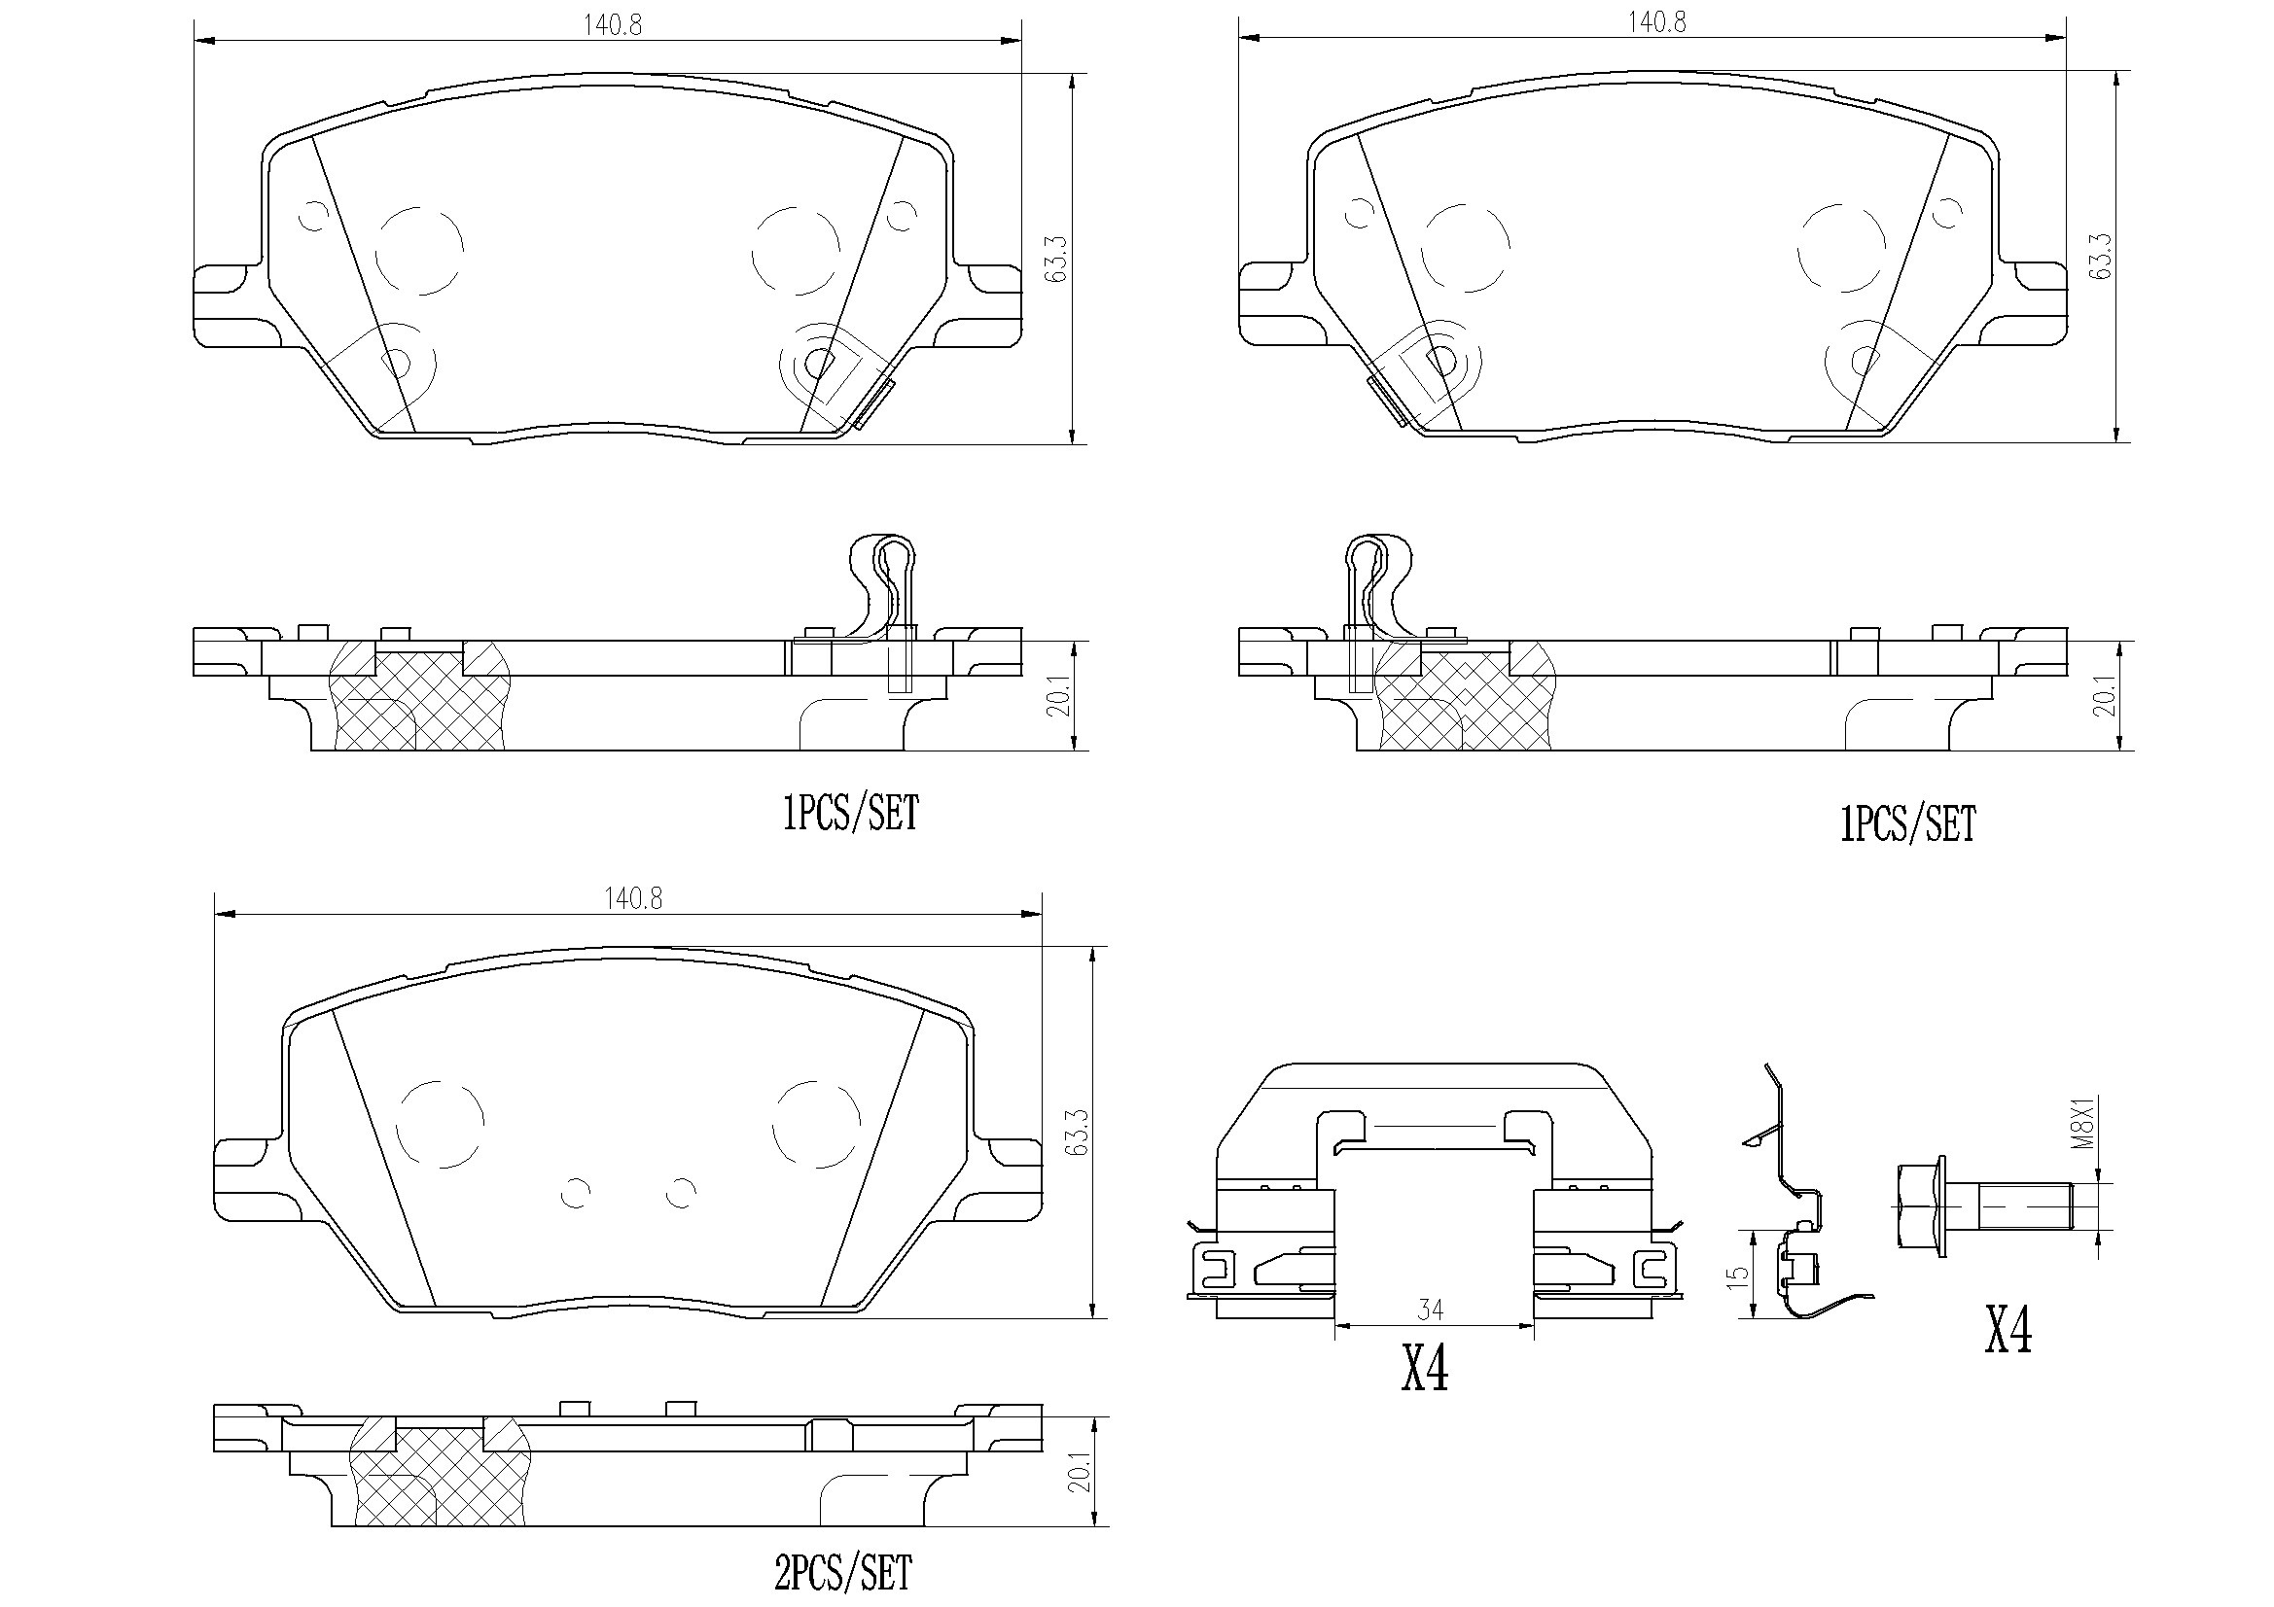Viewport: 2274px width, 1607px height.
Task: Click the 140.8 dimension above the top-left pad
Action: coord(611,24)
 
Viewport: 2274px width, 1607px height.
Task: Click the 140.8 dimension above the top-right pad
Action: coord(1657,21)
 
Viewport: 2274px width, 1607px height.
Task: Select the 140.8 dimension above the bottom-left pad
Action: coord(633,898)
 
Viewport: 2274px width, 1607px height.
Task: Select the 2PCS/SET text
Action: coord(843,1572)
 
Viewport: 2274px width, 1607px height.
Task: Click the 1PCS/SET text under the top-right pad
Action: coord(1907,823)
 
